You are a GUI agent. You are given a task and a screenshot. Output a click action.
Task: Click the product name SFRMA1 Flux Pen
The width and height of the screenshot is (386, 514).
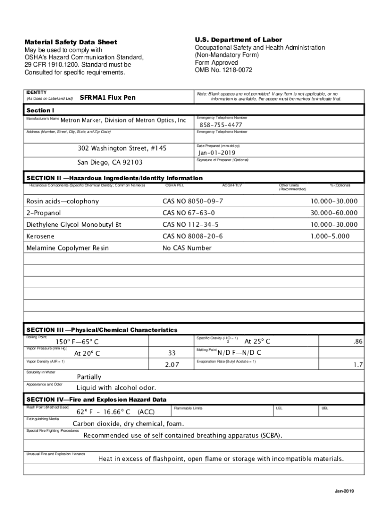coord(108,97)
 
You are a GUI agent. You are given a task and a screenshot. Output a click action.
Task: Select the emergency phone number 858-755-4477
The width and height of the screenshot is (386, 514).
coord(221,124)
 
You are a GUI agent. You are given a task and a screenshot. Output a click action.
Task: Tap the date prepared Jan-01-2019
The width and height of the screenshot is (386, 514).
coord(217,153)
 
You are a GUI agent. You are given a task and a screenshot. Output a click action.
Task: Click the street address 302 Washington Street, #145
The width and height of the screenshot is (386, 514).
coord(122,149)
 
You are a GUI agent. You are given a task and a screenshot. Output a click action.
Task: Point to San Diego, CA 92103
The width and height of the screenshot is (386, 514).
coord(110,163)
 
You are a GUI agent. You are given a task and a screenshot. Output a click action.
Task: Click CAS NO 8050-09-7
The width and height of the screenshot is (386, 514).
coord(192,201)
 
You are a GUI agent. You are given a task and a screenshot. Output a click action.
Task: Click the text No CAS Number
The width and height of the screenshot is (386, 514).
coord(187,248)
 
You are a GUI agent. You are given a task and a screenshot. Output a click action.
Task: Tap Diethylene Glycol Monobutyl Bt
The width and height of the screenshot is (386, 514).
coord(74,224)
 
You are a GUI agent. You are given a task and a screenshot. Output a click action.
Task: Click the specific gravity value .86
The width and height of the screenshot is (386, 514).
coord(357,341)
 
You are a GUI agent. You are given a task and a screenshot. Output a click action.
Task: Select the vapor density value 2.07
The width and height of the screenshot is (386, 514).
coord(172,365)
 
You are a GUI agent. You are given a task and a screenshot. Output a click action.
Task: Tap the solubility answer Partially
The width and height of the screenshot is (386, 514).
coord(89,376)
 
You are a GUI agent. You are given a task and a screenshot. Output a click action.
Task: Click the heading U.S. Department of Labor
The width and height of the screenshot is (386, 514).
coord(239,40)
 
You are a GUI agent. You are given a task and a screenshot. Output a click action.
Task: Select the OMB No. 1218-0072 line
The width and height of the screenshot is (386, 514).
coord(224,70)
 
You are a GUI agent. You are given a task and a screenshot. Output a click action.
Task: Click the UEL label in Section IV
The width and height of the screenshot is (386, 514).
coord(325,409)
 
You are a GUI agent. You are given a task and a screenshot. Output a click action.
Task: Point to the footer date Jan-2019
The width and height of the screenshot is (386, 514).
coord(345,491)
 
